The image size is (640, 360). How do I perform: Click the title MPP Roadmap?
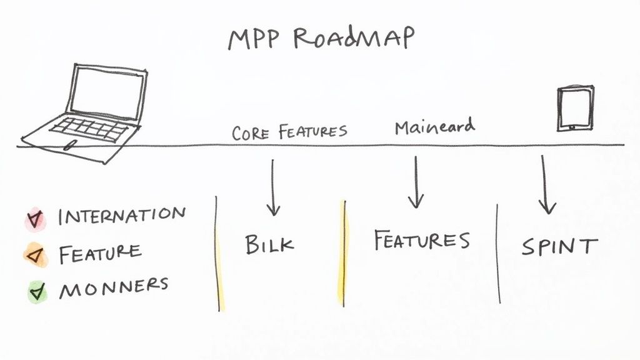[320, 39]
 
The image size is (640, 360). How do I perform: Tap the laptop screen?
[107, 92]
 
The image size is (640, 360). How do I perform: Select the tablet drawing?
[575, 108]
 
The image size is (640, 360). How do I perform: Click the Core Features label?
[289, 132]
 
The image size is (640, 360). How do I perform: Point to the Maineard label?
[434, 127]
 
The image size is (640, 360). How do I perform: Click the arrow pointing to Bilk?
[272, 187]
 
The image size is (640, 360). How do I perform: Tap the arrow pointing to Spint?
[546, 185]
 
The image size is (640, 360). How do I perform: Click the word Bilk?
[269, 244]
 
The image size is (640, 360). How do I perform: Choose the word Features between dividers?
[421, 241]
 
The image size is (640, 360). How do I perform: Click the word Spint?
[559, 247]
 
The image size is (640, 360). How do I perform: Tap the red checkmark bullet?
[33, 218]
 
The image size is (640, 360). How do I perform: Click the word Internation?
[122, 216]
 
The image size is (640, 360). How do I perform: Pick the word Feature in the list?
[100, 252]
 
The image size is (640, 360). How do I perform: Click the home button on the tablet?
[571, 127]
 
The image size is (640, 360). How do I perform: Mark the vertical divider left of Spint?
[498, 253]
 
